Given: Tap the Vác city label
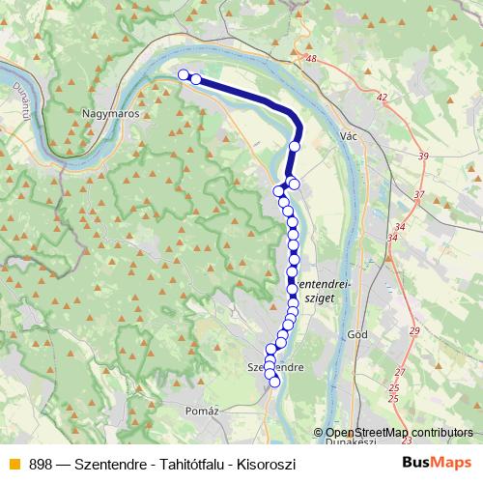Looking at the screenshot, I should pos(351,137).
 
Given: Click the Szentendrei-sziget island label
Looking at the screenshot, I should pos(323,293).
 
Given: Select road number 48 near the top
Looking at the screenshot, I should pos(310,59).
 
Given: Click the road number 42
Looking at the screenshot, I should pos(383,98).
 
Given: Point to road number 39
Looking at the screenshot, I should pos(422,156).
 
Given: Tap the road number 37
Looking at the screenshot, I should pos(417,195).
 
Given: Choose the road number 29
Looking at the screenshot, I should pos(413,331).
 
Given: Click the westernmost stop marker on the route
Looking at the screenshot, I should pos(183,74).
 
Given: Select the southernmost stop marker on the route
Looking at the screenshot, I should pos(274,382).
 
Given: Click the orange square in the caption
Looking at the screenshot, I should pos(14,464).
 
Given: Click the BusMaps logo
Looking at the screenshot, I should pos(437,462).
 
